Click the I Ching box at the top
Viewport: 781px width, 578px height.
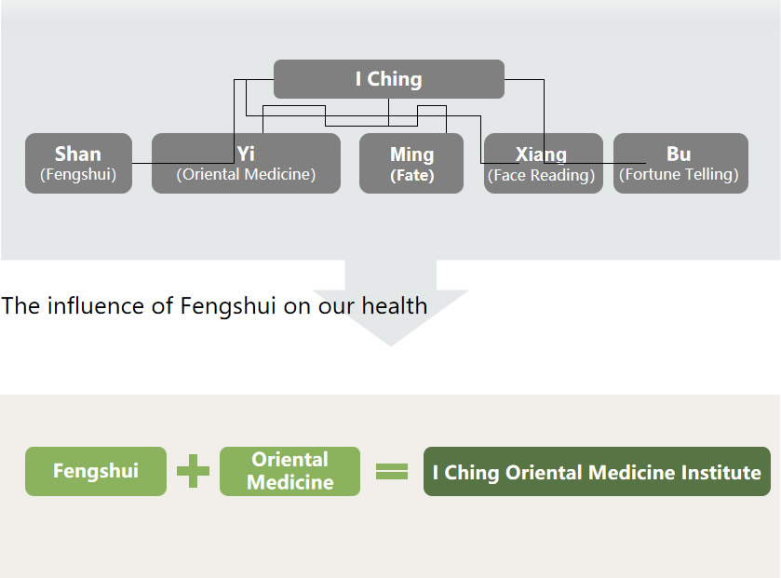[388, 79]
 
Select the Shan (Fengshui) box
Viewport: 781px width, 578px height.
[78, 163]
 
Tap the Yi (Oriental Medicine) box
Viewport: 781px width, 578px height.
[246, 163]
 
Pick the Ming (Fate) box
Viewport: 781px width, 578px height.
[411, 163]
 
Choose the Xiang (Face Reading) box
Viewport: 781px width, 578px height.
[543, 163]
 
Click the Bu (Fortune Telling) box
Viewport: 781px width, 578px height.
[680, 163]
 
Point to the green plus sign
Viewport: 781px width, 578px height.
[193, 471]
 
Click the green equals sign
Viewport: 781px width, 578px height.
[392, 472]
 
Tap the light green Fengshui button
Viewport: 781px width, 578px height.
[96, 471]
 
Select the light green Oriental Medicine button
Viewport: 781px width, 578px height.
[290, 471]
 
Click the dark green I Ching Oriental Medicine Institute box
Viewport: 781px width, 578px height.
[597, 472]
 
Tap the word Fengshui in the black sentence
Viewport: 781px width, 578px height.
[227, 306]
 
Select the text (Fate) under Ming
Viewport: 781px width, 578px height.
[411, 175]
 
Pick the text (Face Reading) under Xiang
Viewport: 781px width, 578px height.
[542, 175]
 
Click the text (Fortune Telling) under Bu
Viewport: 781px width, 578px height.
[679, 175]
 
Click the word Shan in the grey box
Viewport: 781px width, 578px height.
[78, 154]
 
